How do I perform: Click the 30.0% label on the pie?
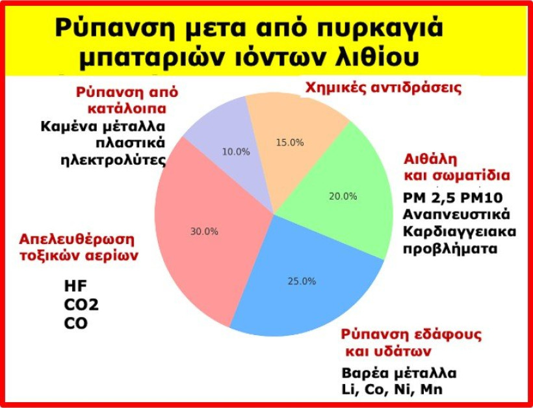tap(204, 232)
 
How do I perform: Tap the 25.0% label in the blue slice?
tap(302, 281)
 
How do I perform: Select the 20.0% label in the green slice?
tap(343, 196)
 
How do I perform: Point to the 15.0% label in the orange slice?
tap(290, 143)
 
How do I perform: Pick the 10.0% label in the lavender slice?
tap(236, 152)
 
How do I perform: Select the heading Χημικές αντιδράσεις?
tap(383, 88)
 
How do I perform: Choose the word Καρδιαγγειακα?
tap(459, 232)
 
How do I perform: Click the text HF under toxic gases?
tap(74, 286)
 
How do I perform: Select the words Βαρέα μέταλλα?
tap(399, 374)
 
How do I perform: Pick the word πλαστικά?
tap(130, 143)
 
